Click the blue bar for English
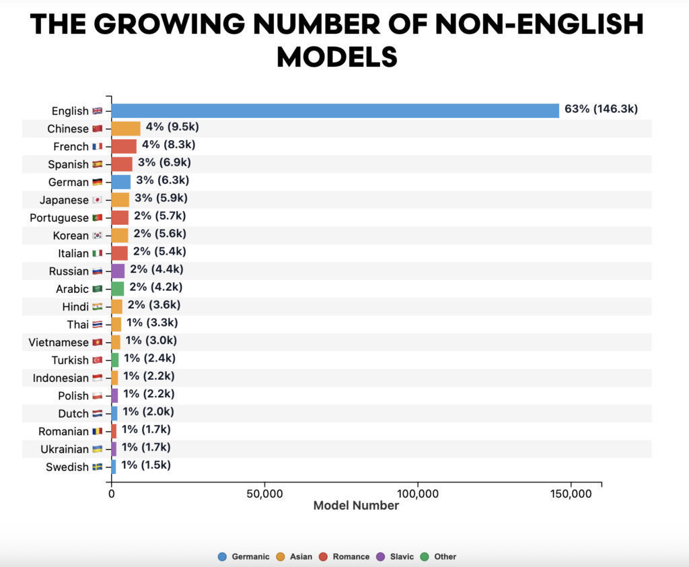click(335, 110)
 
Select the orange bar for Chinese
click(126, 129)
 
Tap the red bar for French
click(124, 146)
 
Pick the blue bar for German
click(121, 182)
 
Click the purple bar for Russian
click(118, 271)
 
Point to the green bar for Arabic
click(118, 289)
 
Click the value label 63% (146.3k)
click(601, 109)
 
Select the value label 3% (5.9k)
click(161, 198)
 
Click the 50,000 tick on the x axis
click(264, 494)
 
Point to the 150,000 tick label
click(571, 494)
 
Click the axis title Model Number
click(356, 506)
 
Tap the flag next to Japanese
click(97, 200)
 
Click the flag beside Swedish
click(97, 467)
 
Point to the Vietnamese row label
click(59, 342)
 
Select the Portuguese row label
click(59, 218)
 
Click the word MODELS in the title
click(336, 57)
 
